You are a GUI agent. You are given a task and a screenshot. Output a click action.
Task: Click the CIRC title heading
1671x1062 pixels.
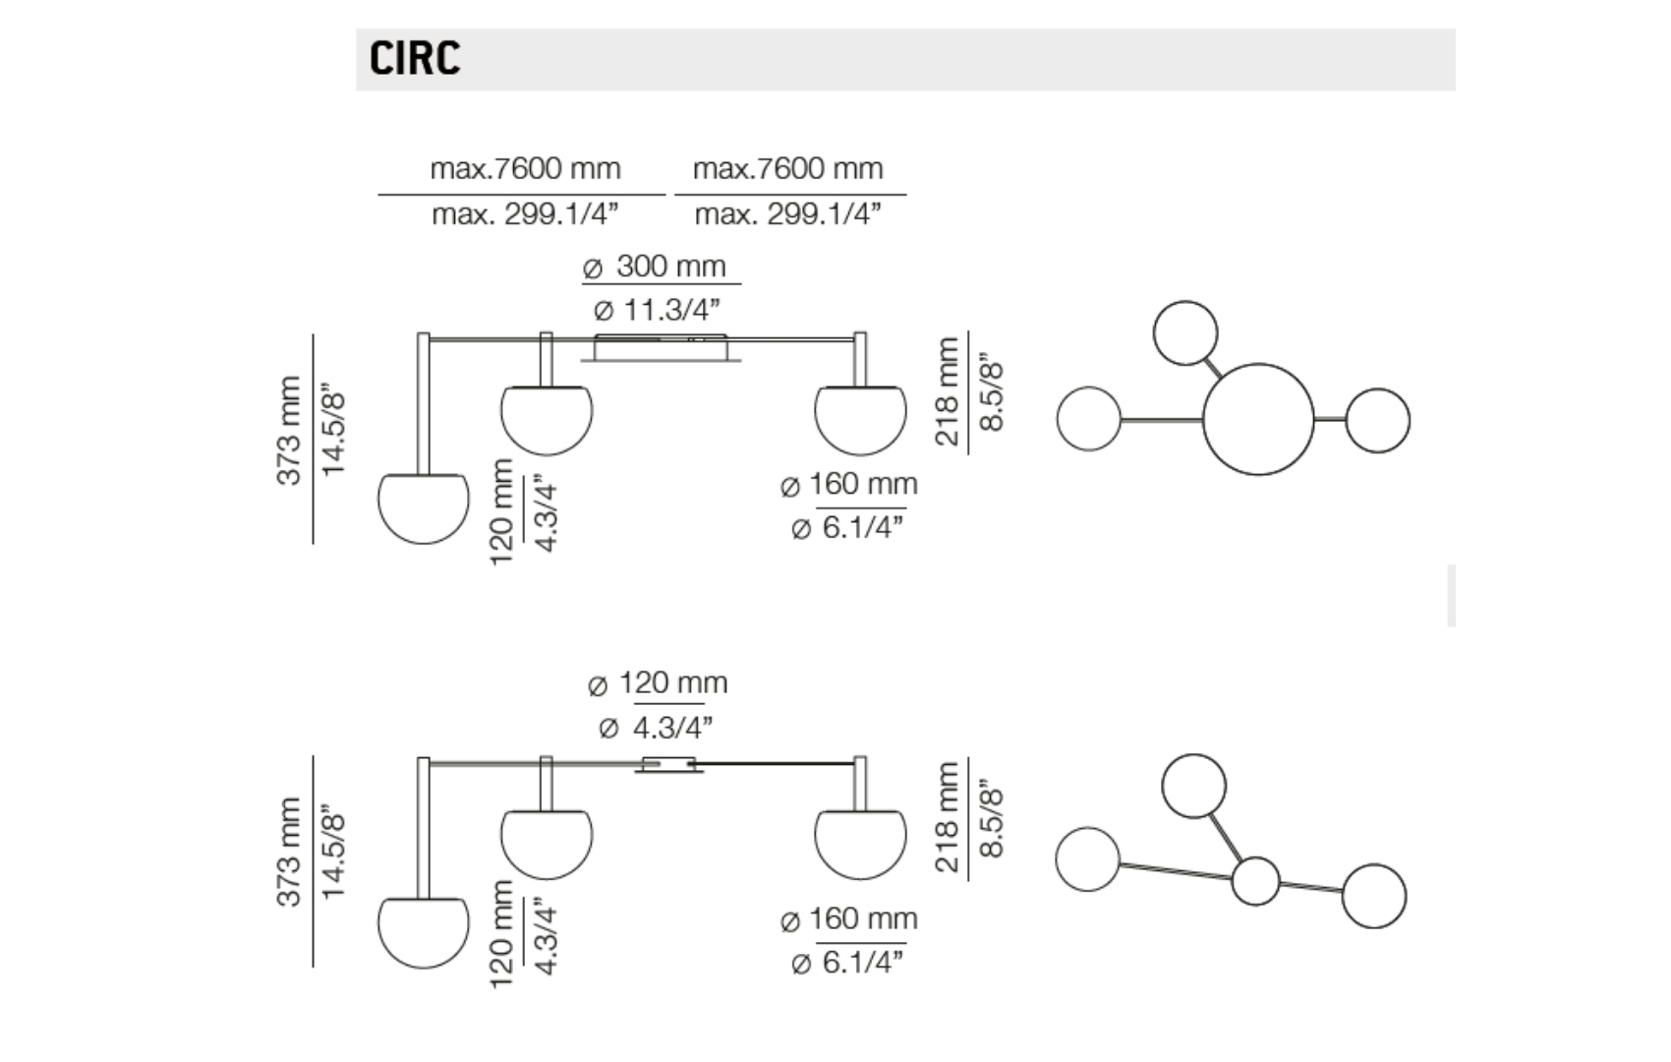click(x=415, y=58)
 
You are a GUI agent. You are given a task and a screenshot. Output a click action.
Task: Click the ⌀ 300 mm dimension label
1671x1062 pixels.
click(x=655, y=266)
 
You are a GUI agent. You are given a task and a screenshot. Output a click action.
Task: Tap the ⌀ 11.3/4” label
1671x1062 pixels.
click(x=657, y=310)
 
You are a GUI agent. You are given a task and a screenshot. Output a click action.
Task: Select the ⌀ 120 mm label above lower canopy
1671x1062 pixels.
click(x=658, y=683)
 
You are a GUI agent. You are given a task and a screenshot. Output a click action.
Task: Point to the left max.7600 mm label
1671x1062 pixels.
click(x=525, y=168)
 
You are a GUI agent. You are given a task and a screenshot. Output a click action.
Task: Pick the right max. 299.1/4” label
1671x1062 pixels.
click(x=787, y=213)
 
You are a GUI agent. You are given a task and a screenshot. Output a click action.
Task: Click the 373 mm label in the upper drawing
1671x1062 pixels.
click(x=288, y=430)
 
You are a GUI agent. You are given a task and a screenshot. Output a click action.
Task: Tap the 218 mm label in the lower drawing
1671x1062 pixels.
click(x=946, y=817)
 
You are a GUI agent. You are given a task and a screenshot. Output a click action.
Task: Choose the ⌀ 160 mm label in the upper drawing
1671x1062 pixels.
click(x=848, y=484)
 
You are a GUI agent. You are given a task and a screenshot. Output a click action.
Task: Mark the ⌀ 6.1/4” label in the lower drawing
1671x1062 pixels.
click(x=847, y=962)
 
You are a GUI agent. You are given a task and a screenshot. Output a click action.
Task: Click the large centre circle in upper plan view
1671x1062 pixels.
click(x=1258, y=420)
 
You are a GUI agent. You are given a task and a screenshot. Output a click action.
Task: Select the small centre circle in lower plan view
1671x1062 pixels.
click(x=1255, y=880)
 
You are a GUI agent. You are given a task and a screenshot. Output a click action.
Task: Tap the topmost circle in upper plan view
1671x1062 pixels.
click(x=1185, y=333)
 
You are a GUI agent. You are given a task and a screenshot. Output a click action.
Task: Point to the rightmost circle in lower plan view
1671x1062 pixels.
click(x=1373, y=896)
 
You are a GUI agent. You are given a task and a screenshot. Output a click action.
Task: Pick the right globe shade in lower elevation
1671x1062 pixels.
click(x=860, y=843)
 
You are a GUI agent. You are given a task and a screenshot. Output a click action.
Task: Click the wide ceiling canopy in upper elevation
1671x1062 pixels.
click(x=661, y=348)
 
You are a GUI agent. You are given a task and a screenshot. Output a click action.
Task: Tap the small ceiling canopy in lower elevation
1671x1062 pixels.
click(x=668, y=765)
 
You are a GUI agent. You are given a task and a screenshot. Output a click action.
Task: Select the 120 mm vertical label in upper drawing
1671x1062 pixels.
click(x=501, y=511)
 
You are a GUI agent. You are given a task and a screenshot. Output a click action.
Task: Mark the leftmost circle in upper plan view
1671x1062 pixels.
click(x=1089, y=419)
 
